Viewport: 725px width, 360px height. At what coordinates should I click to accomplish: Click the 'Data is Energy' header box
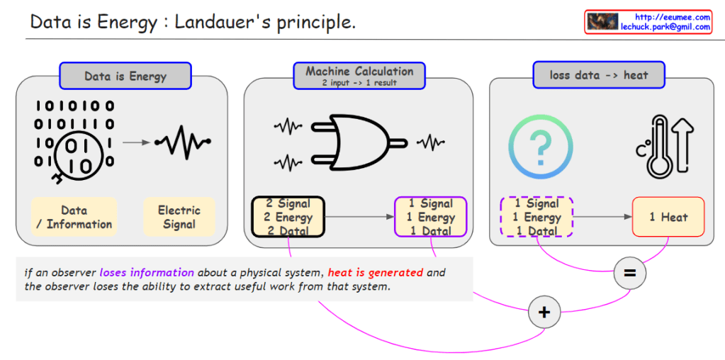(125, 77)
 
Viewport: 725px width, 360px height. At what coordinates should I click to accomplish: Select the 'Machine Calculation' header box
(359, 75)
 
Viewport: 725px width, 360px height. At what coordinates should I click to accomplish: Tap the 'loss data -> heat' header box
(599, 75)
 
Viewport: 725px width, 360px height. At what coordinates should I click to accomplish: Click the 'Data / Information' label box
(74, 217)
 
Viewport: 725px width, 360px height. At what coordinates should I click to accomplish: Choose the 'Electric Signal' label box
(179, 217)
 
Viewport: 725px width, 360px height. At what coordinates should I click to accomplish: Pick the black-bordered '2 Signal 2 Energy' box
(288, 217)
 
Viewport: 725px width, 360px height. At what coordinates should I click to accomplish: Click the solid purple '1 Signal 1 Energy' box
(431, 217)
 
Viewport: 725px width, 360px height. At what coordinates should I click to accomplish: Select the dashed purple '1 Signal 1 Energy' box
(536, 217)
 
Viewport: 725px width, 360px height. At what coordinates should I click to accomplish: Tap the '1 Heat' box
(668, 217)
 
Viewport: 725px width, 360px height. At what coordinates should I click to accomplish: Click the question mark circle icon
(540, 147)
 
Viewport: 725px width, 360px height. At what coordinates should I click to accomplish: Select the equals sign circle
(630, 273)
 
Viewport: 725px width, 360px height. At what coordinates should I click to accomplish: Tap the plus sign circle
(544, 313)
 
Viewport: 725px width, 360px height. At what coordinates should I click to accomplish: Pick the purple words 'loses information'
(146, 272)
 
